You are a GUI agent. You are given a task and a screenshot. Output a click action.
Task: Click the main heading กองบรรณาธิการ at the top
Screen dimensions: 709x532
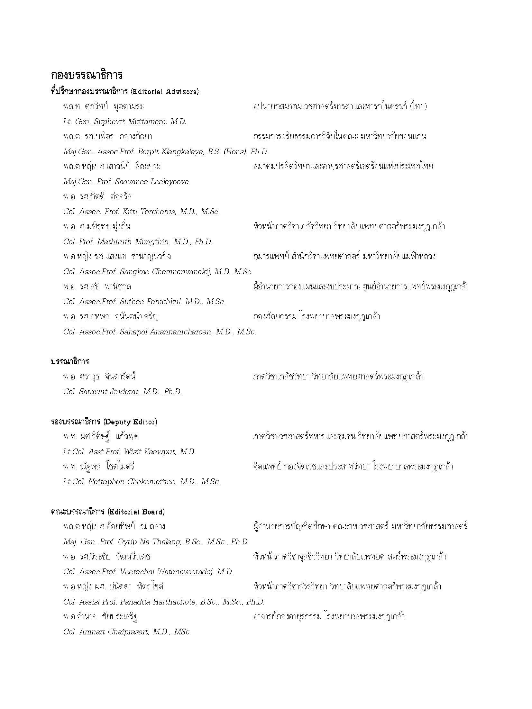coord(87,75)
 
